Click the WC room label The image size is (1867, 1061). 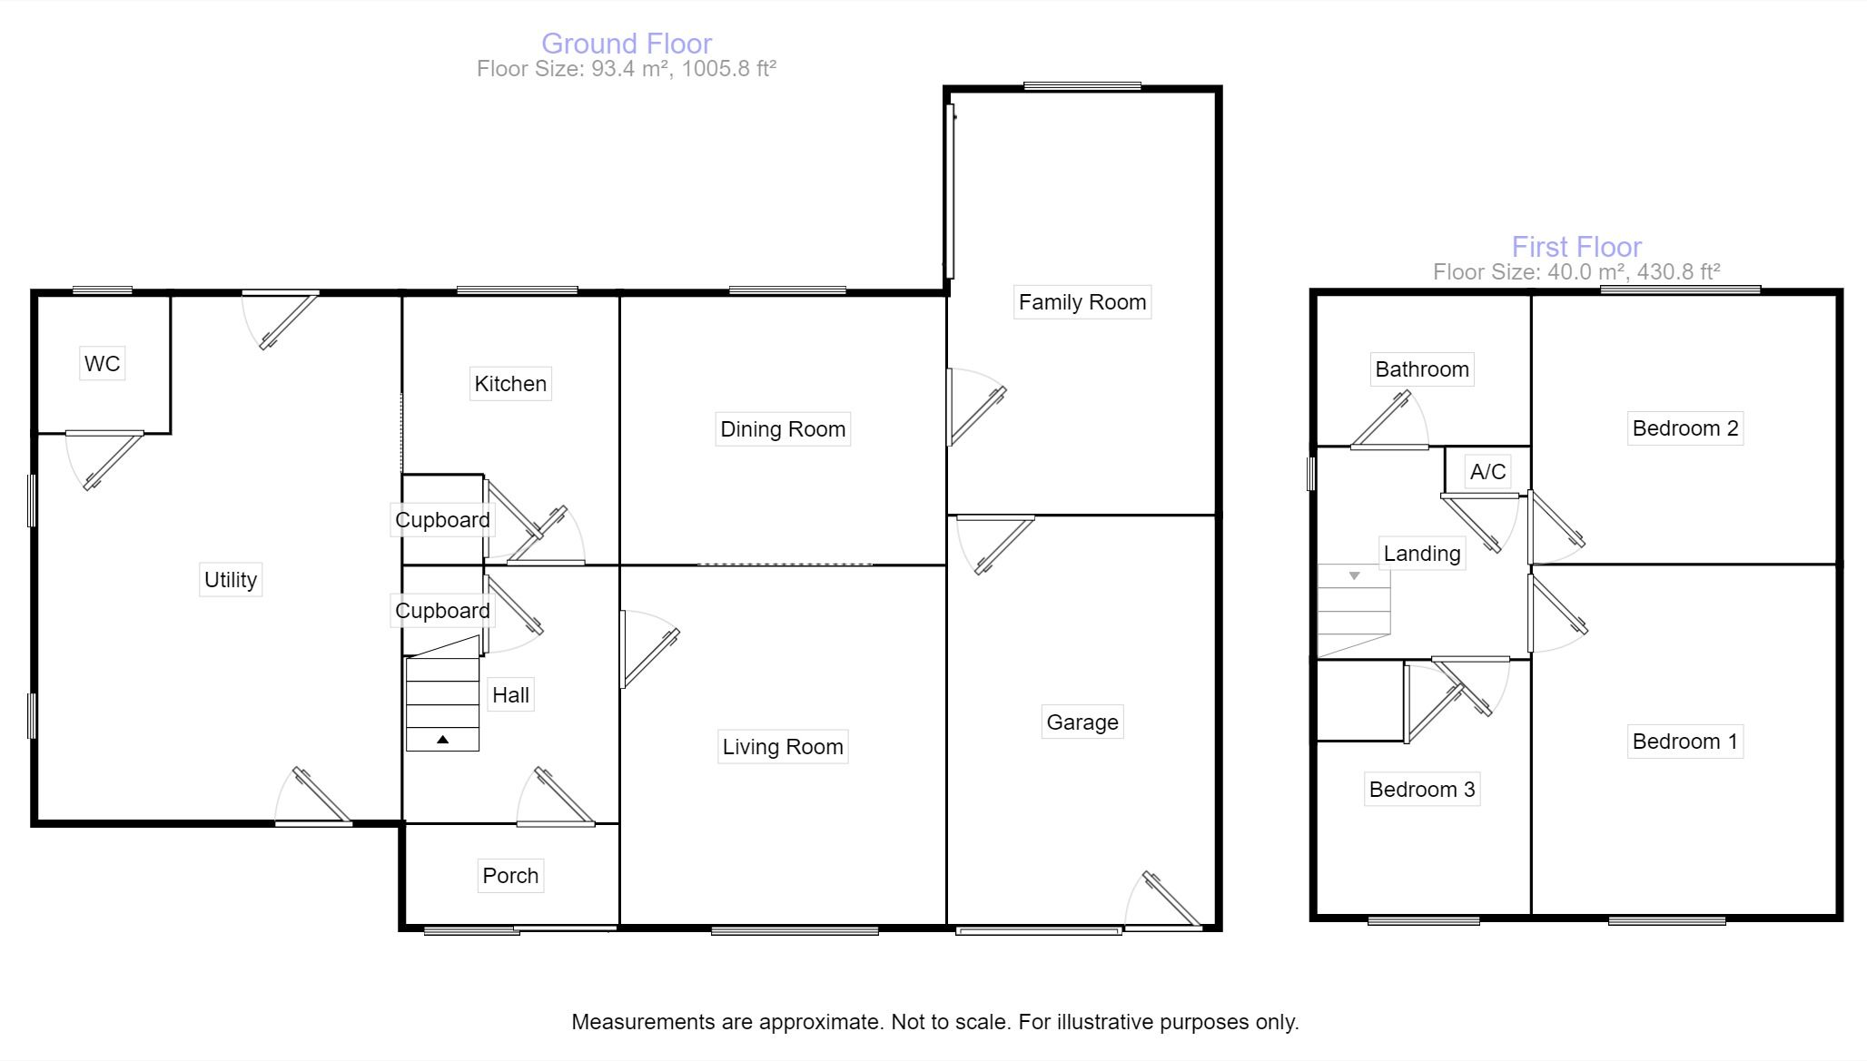[x=102, y=364]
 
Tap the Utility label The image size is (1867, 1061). [x=231, y=580]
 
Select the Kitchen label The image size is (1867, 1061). [x=510, y=384]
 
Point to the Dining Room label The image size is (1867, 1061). [x=783, y=429]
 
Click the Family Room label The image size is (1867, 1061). [x=1082, y=302]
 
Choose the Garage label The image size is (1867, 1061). [x=1082, y=722]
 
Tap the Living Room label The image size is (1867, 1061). [x=783, y=747]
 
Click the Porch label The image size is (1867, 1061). [x=510, y=876]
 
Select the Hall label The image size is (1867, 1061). [x=510, y=695]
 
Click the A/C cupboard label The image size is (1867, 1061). [x=1487, y=472]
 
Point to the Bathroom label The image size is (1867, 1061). [x=1421, y=369]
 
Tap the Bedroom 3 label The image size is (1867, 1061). [x=1421, y=790]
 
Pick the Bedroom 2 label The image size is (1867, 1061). [x=1684, y=428]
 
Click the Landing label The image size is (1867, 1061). [x=1421, y=554]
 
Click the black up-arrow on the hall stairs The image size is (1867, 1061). [x=442, y=740]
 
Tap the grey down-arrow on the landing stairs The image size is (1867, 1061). [x=1354, y=575]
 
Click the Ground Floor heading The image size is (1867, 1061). [x=627, y=44]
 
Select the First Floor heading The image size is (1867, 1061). [x=1576, y=247]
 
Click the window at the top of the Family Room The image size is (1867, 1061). [x=1082, y=86]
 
